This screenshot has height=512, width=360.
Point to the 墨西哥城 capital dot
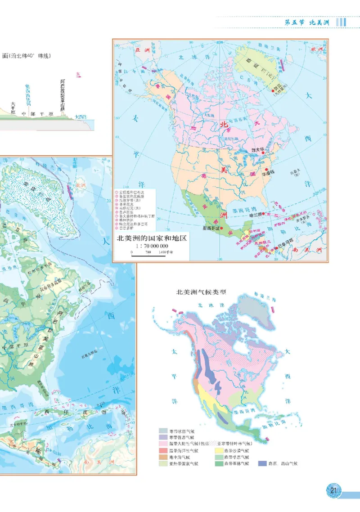pos(220,229)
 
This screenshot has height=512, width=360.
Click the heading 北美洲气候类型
pos(201,292)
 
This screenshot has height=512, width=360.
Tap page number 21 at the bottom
pos(333,490)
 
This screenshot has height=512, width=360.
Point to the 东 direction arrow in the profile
pos(79,75)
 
